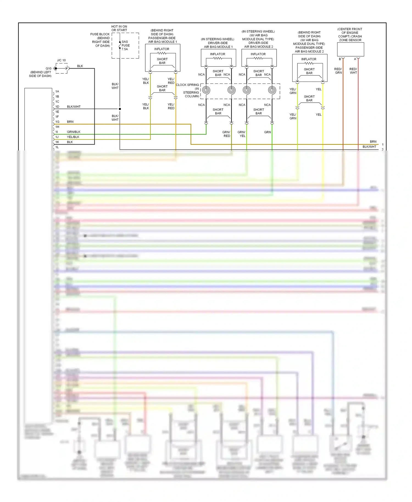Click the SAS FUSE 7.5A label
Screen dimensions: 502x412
pyautogui.click(x=125, y=46)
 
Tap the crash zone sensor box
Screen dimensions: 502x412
pyautogui.click(x=350, y=50)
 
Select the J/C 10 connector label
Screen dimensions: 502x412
pyautogui.click(x=61, y=60)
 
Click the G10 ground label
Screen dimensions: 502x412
pyautogui.click(x=48, y=68)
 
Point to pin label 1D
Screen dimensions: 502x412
pyautogui.click(x=57, y=107)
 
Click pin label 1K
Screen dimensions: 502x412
pyautogui.click(x=57, y=142)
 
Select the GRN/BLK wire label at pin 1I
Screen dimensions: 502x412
pyautogui.click(x=74, y=132)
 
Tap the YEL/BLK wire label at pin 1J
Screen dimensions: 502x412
pyautogui.click(x=73, y=137)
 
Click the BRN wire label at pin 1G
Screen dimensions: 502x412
pyautogui.click(x=70, y=122)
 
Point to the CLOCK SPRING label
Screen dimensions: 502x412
pyautogui.click(x=187, y=85)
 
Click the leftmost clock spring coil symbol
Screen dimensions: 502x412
pyautogui.click(x=206, y=90)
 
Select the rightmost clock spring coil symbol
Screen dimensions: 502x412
pyautogui.click(x=272, y=90)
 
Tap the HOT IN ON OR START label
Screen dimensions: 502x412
pyautogui.click(x=119, y=28)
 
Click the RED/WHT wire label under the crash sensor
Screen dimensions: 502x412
pyautogui.click(x=353, y=71)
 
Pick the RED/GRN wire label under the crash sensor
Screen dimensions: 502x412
pyautogui.click(x=338, y=71)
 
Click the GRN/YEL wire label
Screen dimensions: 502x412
pyautogui.click(x=242, y=134)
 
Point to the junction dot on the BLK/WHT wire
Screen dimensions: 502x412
pyautogui.click(x=120, y=109)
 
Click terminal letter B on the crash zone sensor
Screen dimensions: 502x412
pyautogui.click(x=340, y=59)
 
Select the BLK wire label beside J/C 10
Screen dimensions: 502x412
pyautogui.click(x=80, y=66)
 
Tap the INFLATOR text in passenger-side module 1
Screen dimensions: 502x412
pyautogui.click(x=162, y=49)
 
